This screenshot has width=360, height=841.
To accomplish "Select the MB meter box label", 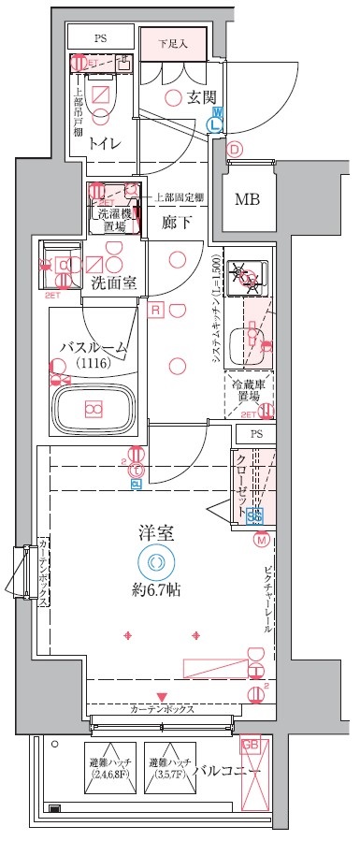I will (247, 198).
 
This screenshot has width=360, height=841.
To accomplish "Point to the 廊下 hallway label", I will (175, 222).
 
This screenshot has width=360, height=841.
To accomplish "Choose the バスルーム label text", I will (94, 347).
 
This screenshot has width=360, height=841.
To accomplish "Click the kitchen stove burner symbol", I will (248, 275).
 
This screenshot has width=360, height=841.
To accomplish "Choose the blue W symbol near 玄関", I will (216, 111).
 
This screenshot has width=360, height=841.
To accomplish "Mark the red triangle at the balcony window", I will (163, 697).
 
